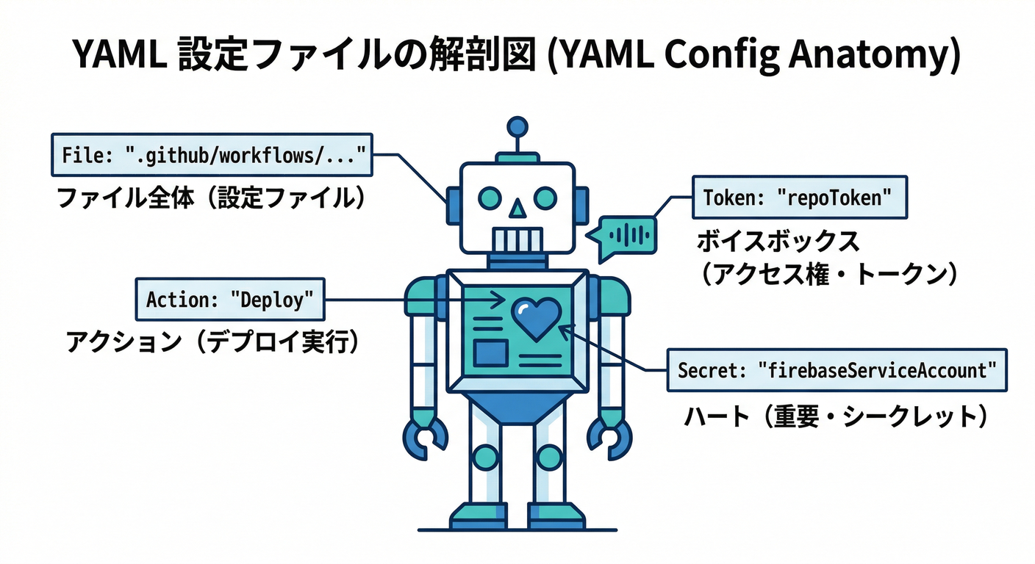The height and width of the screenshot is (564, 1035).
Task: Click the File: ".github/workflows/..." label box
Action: (212, 155)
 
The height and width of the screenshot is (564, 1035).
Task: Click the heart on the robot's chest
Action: (536, 317)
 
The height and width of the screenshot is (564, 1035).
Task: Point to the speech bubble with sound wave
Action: (626, 236)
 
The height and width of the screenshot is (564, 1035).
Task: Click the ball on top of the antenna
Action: (517, 127)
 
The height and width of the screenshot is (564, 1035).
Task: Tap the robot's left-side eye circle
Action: (490, 197)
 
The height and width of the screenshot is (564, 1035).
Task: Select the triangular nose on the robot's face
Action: (517, 209)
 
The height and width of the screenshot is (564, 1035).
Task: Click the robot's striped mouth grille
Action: (517, 240)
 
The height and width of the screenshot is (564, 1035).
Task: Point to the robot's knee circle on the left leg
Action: (485, 458)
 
